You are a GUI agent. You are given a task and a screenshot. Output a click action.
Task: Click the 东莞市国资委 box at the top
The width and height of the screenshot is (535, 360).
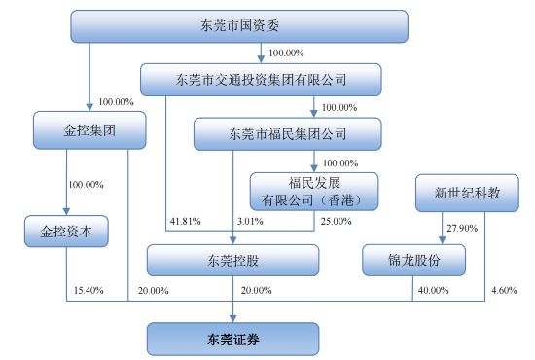pos(239,26)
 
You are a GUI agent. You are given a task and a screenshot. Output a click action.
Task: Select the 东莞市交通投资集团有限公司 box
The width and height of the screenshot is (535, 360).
pos(261,80)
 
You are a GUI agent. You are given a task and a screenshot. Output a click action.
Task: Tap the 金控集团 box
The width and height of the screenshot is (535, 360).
pos(89,130)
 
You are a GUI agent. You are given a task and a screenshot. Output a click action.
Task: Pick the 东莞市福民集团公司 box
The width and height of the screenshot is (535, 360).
pos(288,134)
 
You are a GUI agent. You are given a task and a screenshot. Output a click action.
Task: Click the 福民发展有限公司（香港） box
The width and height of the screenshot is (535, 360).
pos(314,192)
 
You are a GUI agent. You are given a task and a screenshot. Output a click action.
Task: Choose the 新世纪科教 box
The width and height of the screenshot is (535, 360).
pos(467,194)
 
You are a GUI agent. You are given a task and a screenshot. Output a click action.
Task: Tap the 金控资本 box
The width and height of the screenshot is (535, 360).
pos(66,232)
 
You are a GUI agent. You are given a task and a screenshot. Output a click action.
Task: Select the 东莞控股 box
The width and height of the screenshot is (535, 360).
pos(233,261)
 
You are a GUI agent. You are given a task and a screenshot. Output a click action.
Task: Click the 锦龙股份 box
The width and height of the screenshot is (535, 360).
pos(413,260)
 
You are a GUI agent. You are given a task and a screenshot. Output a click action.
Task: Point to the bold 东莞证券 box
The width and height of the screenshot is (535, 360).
pos(233,340)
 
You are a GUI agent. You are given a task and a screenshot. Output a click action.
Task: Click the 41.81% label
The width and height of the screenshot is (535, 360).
pos(185,221)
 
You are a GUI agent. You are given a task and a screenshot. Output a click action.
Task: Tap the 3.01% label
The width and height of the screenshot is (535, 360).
pos(250,221)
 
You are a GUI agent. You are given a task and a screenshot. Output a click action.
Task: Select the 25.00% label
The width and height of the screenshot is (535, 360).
pos(337,221)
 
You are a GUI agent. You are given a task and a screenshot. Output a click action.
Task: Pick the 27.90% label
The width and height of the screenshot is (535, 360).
pos(462,228)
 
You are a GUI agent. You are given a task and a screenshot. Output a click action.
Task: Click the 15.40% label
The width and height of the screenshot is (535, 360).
pos(89,290)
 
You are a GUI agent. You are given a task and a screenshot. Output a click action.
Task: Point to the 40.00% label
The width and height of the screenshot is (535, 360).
pos(433,290)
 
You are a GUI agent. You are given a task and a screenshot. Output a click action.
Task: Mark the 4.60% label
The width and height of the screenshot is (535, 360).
pos(504,290)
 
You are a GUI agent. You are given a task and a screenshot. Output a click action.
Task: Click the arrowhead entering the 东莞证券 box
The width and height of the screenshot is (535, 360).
pos(233,318)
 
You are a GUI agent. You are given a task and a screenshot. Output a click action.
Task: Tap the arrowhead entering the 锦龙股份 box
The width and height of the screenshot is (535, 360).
pos(443,240)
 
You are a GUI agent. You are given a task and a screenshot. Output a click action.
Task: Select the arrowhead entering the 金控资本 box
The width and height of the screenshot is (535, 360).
pos(66,211)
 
